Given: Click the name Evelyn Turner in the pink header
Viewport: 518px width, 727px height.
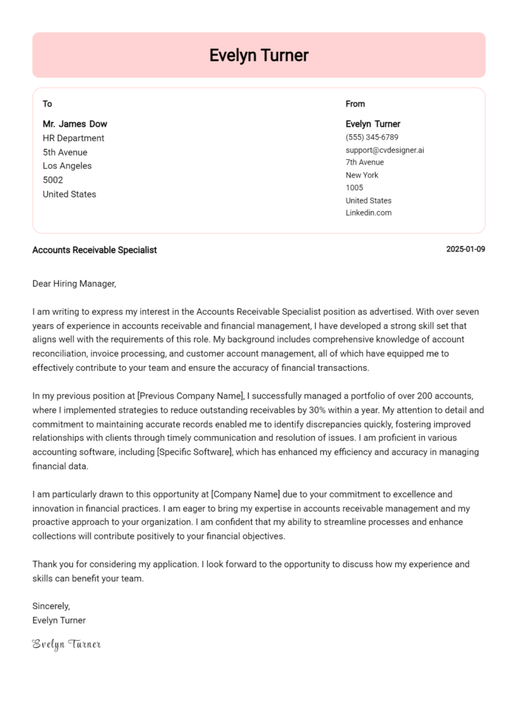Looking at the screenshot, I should pyautogui.click(x=258, y=55).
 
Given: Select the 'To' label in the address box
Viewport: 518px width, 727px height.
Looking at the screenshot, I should pyautogui.click(x=47, y=104).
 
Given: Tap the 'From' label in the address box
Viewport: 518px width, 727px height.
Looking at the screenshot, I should pyautogui.click(x=355, y=104).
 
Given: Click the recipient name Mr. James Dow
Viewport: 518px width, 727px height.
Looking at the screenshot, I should pyautogui.click(x=75, y=124).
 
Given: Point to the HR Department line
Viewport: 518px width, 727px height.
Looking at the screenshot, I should pyautogui.click(x=74, y=138).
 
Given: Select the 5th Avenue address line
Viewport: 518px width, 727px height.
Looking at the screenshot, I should pyautogui.click(x=65, y=152).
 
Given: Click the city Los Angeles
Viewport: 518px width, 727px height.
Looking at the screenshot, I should pyautogui.click(x=67, y=166).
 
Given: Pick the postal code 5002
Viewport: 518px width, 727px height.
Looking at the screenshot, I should pyautogui.click(x=53, y=180).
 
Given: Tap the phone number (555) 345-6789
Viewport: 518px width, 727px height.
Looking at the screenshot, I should pyautogui.click(x=372, y=137).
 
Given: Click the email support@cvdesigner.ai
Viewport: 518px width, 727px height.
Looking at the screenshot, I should pyautogui.click(x=384, y=150).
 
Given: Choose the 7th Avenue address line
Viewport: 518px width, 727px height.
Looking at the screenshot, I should pyautogui.click(x=365, y=163).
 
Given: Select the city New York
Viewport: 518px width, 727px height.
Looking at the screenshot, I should pyautogui.click(x=362, y=175).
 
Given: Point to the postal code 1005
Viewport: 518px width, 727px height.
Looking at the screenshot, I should pyautogui.click(x=354, y=187).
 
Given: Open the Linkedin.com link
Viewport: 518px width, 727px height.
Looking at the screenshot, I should pyautogui.click(x=368, y=213).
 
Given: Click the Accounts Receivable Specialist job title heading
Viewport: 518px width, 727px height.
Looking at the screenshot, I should pyautogui.click(x=94, y=250).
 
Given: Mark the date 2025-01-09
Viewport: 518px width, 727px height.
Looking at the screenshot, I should pyautogui.click(x=465, y=250).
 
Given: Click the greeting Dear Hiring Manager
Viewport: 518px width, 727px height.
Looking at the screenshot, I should pyautogui.click(x=74, y=284).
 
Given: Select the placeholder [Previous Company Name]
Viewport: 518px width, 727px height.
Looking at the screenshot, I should pyautogui.click(x=190, y=396).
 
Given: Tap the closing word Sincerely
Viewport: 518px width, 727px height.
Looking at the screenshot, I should pyautogui.click(x=51, y=606).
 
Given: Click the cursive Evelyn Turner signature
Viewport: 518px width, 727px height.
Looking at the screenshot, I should pyautogui.click(x=67, y=645).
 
